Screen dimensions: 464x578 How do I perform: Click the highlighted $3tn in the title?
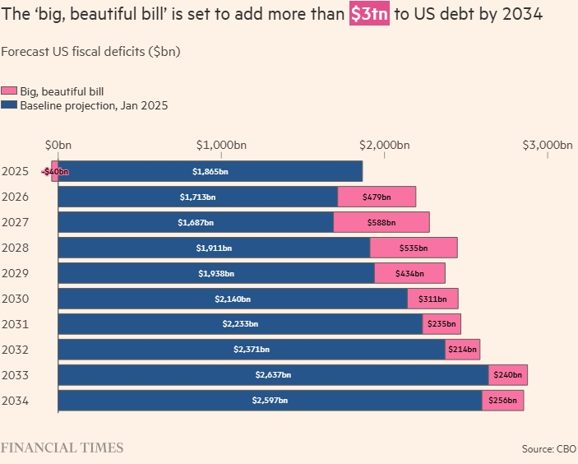tap(369, 16)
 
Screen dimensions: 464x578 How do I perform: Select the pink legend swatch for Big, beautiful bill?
tap(9, 91)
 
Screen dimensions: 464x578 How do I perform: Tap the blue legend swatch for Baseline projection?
tap(9, 105)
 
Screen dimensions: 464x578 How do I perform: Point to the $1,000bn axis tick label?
tap(221, 146)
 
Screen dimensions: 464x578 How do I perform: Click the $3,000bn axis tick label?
tap(548, 146)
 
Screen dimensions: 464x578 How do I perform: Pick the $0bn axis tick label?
tap(58, 146)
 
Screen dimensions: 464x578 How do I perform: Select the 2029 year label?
tap(16, 273)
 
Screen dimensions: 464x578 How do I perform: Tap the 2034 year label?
tap(16, 401)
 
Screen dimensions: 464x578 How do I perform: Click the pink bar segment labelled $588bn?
tap(381, 222)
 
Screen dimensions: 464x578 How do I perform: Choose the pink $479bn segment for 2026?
tap(377, 197)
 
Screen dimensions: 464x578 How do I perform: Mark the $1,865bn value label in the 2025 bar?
tap(210, 171)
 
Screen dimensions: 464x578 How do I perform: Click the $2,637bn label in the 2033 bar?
tap(273, 375)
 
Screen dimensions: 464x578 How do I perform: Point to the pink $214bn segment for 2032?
tap(462, 350)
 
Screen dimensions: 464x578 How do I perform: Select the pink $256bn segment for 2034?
tap(502, 401)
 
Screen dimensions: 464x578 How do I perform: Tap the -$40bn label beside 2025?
tap(55, 171)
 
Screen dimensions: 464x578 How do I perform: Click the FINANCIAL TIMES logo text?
tap(62, 448)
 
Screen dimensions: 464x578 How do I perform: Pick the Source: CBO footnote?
tap(548, 449)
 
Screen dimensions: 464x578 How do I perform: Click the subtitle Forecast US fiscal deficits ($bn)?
tap(90, 51)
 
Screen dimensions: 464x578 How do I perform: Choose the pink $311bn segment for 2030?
tap(432, 299)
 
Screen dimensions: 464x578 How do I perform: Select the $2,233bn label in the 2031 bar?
tap(240, 324)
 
